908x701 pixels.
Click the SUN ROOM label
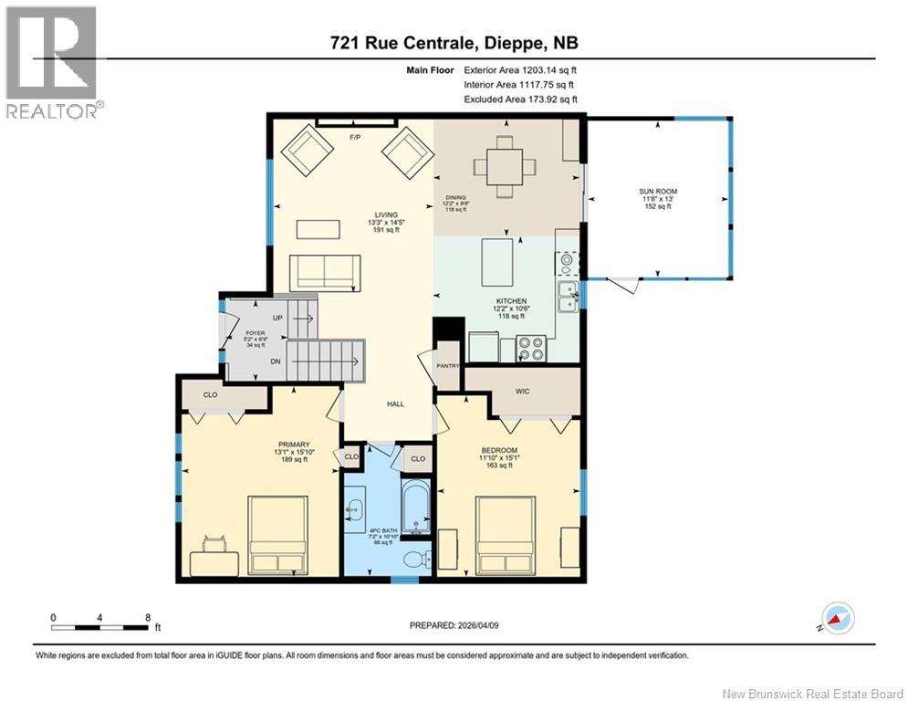pos(657,192)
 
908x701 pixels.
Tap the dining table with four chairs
pos(504,166)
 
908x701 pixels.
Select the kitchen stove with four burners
pos(531,349)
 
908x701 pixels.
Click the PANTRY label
pos(447,366)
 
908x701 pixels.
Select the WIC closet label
pos(521,391)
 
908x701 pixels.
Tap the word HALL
pos(394,404)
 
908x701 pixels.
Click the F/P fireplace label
pos(356,138)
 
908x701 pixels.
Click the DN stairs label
pos(275,361)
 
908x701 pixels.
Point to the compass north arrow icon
pos(837,618)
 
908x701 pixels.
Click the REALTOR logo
pos(53,64)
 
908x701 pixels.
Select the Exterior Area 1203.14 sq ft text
pos(520,68)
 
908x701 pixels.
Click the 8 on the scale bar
pos(148,616)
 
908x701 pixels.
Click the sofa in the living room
pos(322,271)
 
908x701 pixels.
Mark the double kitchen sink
pos(568,299)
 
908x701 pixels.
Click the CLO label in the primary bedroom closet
pos(211,396)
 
